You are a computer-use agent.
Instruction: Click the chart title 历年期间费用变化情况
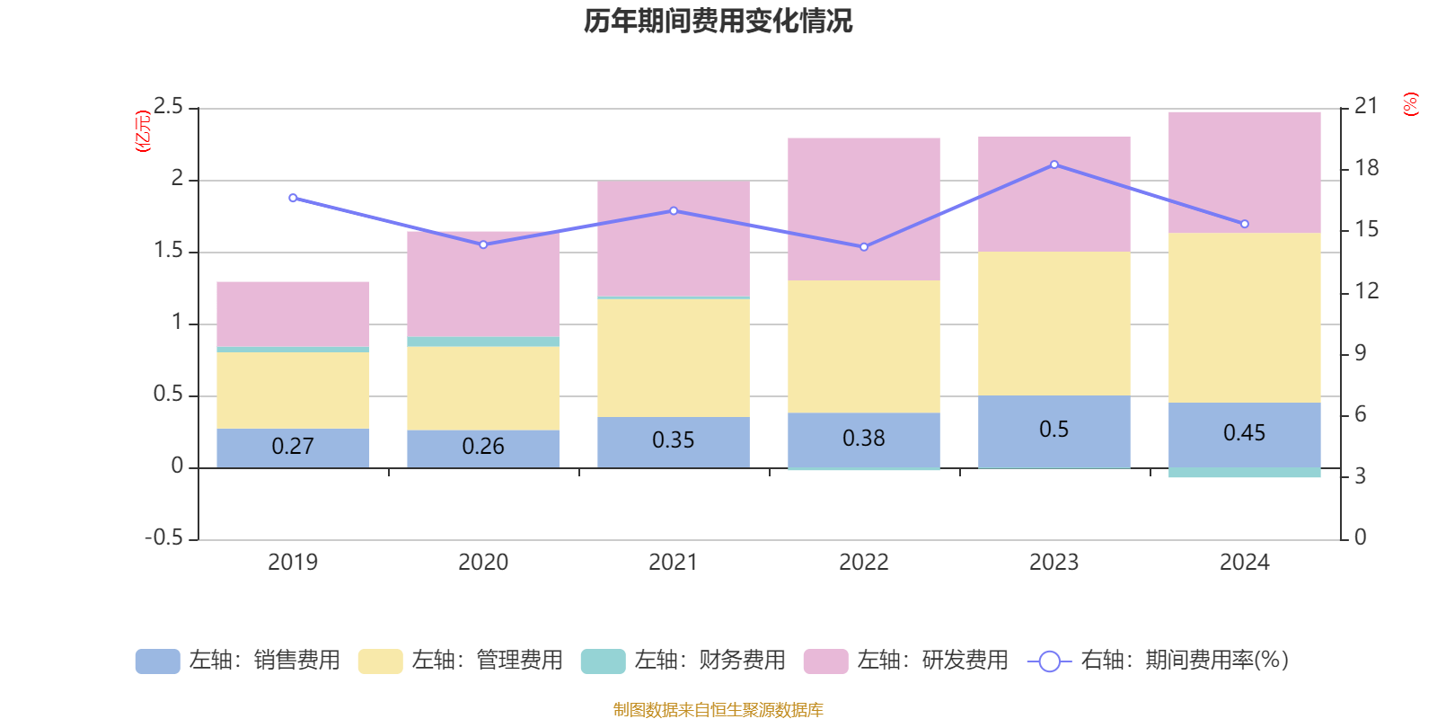coord(718,21)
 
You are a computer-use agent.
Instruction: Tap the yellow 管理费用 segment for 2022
coord(864,346)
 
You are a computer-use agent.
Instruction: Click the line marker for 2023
coord(1054,164)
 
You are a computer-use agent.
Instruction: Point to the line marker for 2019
coord(293,198)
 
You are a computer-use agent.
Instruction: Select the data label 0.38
coord(864,438)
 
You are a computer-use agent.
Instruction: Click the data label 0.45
coord(1245,433)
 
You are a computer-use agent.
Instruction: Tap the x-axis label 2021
coord(674,563)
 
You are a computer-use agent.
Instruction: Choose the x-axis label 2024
coord(1245,563)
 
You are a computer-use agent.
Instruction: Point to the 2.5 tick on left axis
coord(169,107)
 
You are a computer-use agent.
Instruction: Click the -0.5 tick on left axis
coord(164,537)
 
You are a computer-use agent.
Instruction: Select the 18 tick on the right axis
coord(1367,168)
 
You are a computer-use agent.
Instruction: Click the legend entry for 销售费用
coord(238,661)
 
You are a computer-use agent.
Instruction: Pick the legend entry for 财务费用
coord(683,661)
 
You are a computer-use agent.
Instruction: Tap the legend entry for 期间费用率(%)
coord(1159,661)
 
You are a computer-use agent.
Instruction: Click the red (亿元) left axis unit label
coord(142,131)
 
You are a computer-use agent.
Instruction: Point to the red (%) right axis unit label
coord(1411,104)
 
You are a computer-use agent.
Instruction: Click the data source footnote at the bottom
coord(718,710)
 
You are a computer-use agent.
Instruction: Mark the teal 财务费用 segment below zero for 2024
coord(1245,473)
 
